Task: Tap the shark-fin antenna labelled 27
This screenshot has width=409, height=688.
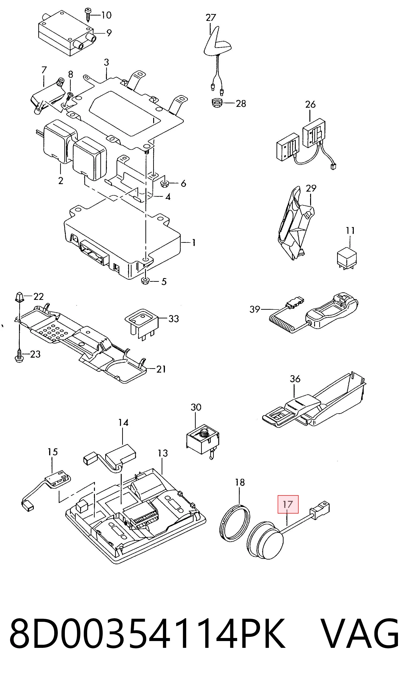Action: pos(218,43)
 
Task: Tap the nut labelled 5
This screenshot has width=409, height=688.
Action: pos(145,281)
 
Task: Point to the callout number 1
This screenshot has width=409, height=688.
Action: pos(194,242)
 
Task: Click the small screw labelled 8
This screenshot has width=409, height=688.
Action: pos(70,96)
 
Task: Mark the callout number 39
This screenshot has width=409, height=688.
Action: pos(255,309)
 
